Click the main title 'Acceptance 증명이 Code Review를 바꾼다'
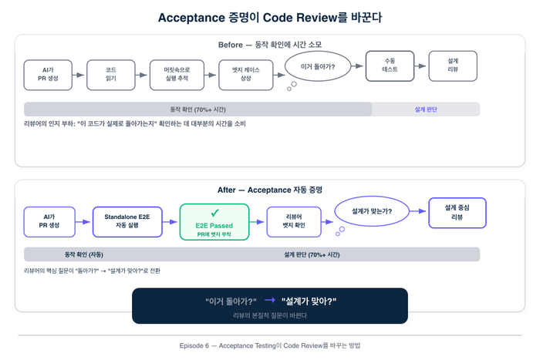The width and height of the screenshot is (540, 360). pyautogui.click(x=269, y=17)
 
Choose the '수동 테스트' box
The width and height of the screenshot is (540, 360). pyautogui.click(x=390, y=66)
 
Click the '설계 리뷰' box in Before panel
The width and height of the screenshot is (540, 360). pyautogui.click(x=452, y=66)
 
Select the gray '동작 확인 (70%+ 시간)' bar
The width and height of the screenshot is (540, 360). pyautogui.click(x=197, y=109)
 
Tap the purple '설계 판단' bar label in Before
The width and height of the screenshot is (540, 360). pyautogui.click(x=426, y=109)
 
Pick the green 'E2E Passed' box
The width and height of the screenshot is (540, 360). pyautogui.click(x=214, y=222)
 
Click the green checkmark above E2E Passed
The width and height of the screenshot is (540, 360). pyautogui.click(x=214, y=212)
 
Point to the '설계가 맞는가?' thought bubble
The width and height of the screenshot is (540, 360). pyautogui.click(x=370, y=210)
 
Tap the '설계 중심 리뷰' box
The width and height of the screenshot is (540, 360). pyautogui.click(x=457, y=212)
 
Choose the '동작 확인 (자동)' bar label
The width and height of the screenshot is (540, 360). pyautogui.click(x=84, y=254)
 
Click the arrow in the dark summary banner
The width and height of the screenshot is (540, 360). pyautogui.click(x=269, y=300)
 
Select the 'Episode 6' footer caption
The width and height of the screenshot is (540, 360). pyautogui.click(x=269, y=345)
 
